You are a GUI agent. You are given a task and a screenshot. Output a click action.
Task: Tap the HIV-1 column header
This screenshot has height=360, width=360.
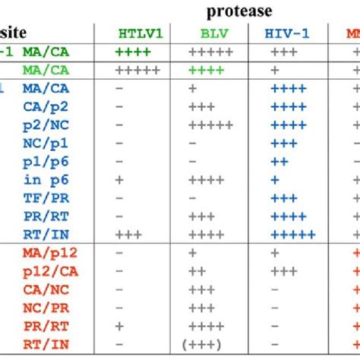pyautogui.click(x=287, y=34)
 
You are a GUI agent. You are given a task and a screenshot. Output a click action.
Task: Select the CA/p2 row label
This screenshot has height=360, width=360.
pyautogui.click(x=45, y=106)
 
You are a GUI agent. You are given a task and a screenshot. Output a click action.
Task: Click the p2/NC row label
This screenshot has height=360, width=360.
pyautogui.click(x=45, y=124)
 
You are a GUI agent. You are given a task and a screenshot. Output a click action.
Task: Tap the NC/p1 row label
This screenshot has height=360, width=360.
pyautogui.click(x=45, y=142)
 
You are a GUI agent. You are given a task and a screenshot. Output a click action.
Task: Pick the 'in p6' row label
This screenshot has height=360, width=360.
pyautogui.click(x=45, y=179)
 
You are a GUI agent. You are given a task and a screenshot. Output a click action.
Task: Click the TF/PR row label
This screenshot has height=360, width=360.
pyautogui.click(x=45, y=197)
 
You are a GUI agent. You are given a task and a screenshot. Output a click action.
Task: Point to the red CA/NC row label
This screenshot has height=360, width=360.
pyautogui.click(x=45, y=289)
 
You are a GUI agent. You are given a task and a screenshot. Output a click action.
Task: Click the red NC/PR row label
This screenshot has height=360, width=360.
pyautogui.click(x=45, y=308)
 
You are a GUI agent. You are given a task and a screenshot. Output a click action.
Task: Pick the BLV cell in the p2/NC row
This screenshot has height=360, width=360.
pyautogui.click(x=210, y=124)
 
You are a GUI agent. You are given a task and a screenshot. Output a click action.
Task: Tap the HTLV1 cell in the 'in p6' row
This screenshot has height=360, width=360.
pyautogui.click(x=119, y=179)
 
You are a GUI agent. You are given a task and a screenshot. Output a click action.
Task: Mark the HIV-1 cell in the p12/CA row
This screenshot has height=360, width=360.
pyautogui.click(x=283, y=271)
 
